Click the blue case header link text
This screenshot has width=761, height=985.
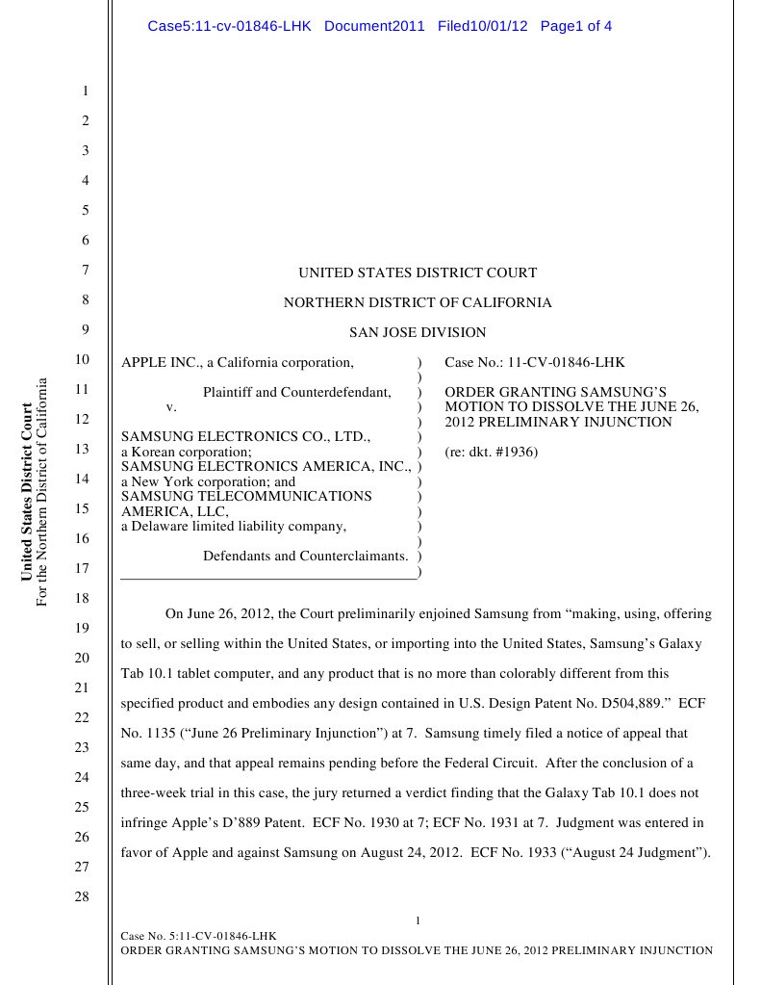coord(379,26)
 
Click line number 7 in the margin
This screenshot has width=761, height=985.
coord(85,271)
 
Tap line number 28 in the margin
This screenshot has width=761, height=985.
coord(82,896)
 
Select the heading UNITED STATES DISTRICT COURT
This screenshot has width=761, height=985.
coord(418,273)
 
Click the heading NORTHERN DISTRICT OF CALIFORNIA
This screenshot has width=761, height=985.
coord(418,303)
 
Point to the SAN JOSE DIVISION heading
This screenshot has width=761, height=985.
coord(418,333)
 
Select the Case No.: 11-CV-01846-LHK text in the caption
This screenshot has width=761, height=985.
coord(534,363)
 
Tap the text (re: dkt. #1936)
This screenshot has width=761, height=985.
coord(491,452)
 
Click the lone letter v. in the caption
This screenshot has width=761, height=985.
coord(171,406)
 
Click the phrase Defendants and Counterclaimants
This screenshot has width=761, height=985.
coord(305,556)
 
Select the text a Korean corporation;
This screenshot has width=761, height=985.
coord(187,452)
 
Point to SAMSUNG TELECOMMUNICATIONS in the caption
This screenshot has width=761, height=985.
coord(246,496)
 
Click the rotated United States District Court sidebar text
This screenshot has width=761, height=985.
coord(27,492)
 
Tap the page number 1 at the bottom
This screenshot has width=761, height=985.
coord(418,921)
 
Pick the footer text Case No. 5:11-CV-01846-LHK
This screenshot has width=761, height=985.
coord(198,936)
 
